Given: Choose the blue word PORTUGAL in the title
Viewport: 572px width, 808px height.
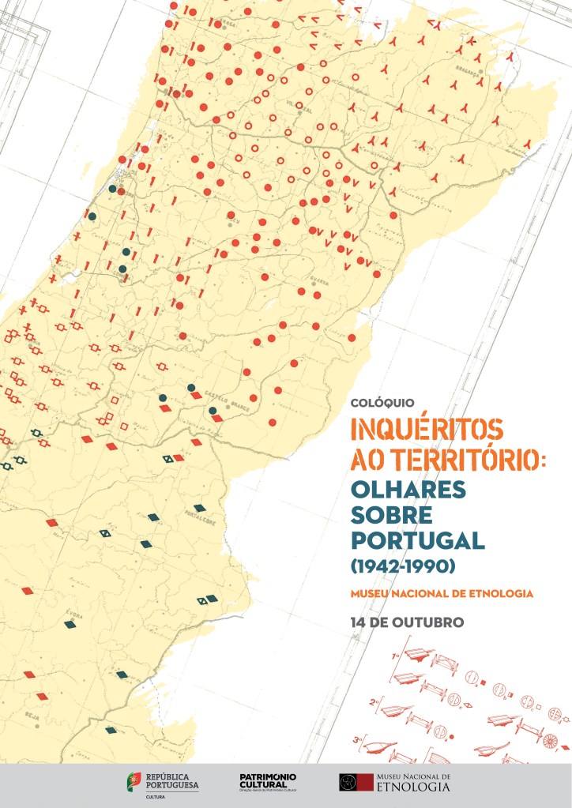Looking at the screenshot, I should (x=416, y=541).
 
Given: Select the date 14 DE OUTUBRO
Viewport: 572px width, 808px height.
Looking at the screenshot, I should (x=407, y=622).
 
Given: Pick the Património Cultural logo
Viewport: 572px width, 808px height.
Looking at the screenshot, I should (x=268, y=781).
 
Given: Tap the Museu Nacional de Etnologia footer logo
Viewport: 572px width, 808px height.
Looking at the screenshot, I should (x=394, y=782).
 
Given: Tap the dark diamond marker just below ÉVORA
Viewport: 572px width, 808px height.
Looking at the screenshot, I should (x=70, y=624).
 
